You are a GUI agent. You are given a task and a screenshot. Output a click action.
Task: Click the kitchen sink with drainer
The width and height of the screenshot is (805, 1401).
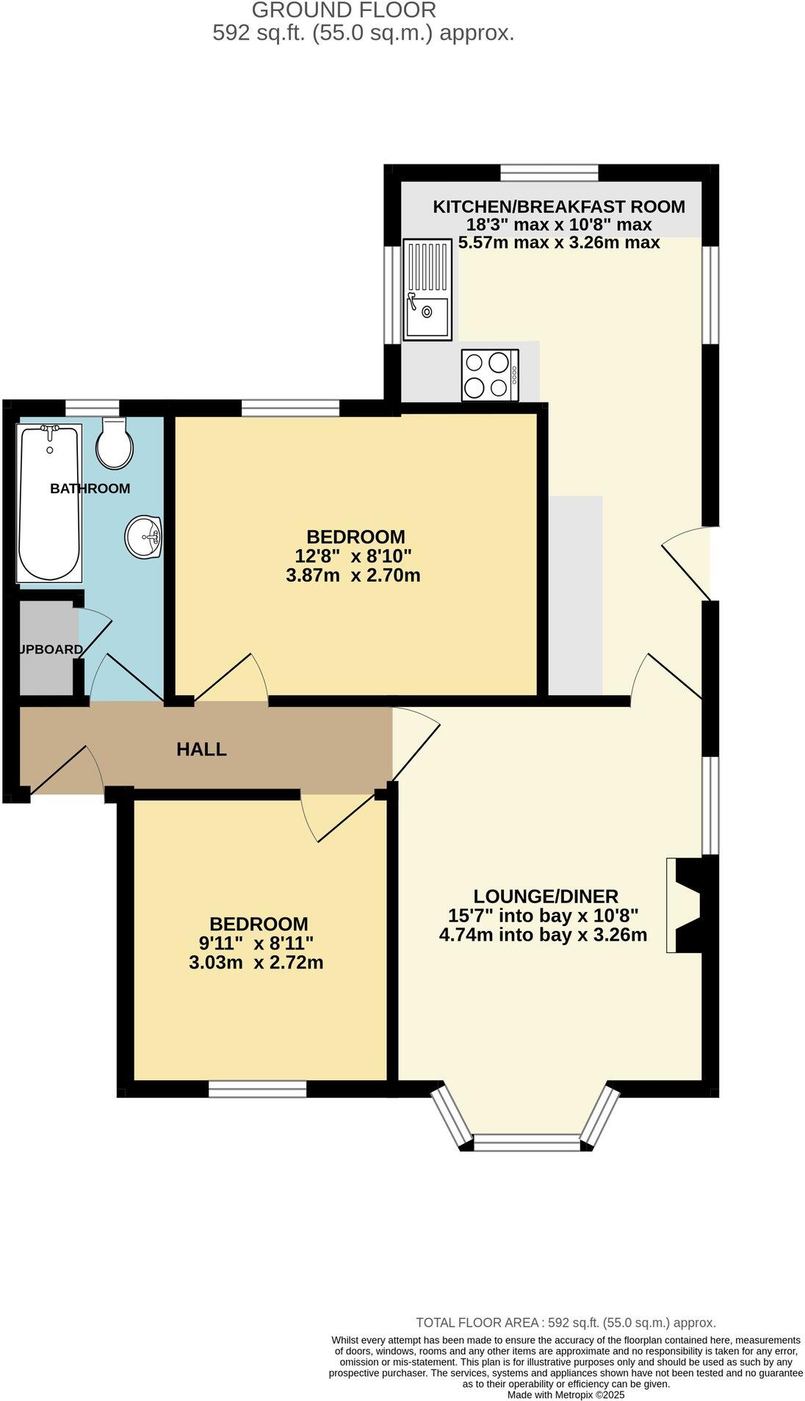coord(427,290)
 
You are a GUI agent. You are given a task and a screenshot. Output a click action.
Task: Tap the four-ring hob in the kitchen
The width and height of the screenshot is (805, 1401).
coord(490,375)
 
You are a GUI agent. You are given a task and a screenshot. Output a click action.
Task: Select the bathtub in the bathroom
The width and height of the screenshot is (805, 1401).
coord(49,502)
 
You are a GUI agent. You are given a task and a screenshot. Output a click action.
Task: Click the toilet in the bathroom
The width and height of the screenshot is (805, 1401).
coord(115,443)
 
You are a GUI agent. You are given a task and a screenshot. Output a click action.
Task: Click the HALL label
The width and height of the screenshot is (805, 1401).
coord(201,750)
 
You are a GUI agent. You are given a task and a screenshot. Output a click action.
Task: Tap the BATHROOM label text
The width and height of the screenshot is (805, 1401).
coord(90,488)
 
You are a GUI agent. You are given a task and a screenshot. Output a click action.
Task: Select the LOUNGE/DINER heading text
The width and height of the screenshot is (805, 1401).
coord(545,896)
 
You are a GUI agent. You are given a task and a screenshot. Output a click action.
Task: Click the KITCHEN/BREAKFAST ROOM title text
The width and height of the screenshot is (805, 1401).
coord(558,206)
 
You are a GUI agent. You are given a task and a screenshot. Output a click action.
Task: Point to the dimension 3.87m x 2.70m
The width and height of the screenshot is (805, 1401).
coord(353,575)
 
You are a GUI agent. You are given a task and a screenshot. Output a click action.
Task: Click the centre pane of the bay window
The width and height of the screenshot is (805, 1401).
coord(527,1143)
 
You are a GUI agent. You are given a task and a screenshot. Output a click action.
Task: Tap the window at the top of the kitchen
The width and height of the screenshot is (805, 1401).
coord(549,173)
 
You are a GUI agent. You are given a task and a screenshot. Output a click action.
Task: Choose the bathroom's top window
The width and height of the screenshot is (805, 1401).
coord(92,408)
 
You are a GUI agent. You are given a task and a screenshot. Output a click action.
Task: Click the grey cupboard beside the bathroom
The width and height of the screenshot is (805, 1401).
coord(48,649)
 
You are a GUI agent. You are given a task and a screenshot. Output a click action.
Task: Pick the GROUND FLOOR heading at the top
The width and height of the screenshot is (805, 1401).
coord(344,10)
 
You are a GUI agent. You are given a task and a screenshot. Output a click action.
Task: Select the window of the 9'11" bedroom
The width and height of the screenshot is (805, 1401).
coord(257,1089)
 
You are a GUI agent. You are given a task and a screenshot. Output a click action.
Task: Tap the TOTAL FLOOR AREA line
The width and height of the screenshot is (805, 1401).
coord(566,1322)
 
